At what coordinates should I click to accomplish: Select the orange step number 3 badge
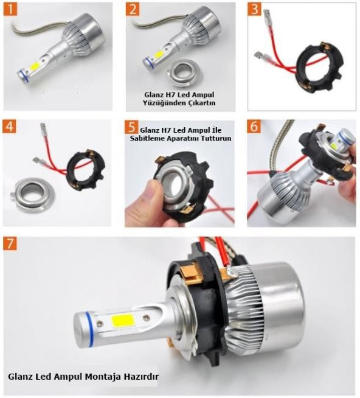click(x=255, y=10)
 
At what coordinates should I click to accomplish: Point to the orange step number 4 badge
click(x=10, y=127)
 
